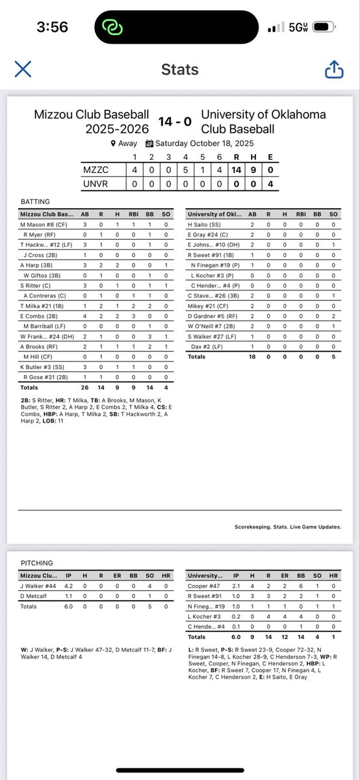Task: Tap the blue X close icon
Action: [23, 69]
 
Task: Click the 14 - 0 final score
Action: [175, 121]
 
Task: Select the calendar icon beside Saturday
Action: [149, 144]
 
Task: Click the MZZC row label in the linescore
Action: [96, 170]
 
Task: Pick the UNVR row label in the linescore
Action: [96, 183]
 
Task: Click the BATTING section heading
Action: [34, 201]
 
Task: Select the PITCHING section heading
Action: [36, 563]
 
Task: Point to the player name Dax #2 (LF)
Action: [207, 346]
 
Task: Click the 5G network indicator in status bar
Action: [298, 28]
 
